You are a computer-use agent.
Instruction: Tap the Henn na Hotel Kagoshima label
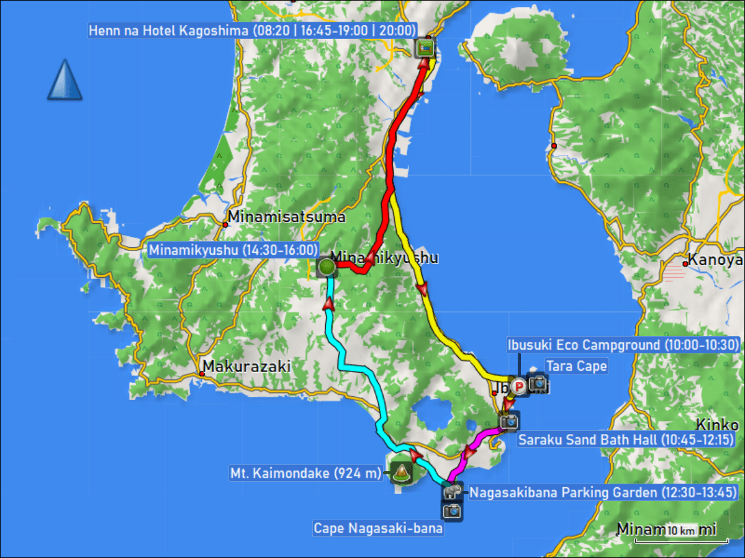pos(252,30)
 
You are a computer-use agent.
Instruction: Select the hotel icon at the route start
pos(425,48)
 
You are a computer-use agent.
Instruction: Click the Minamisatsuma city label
pos(286,217)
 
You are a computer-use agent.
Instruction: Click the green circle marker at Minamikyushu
pos(327,267)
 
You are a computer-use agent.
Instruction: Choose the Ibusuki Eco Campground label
pos(622,345)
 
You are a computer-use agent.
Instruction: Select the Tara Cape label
pos(576,366)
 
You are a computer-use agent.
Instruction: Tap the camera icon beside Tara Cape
pos(538,384)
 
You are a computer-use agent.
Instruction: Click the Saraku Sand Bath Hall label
pos(627,440)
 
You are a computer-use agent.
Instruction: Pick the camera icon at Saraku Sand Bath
pos(508,422)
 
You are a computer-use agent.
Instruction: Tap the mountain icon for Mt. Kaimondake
pos(400,473)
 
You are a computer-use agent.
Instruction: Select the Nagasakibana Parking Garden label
pos(602,494)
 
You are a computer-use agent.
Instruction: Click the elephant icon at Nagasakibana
pos(452,492)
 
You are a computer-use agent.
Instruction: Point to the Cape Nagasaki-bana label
pos(377,529)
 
